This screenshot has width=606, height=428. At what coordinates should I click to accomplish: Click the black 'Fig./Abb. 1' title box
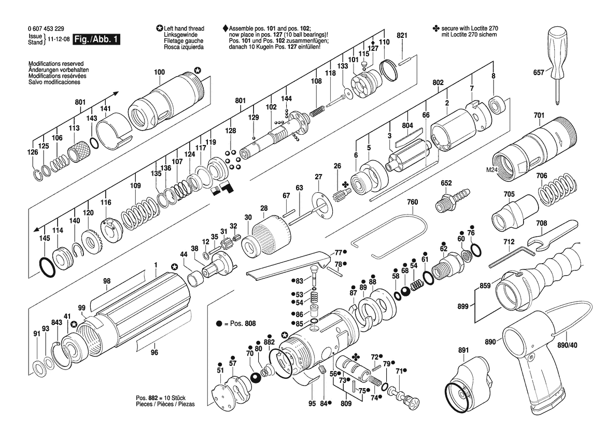[x=96, y=39]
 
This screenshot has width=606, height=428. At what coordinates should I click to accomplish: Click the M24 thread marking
[x=491, y=170]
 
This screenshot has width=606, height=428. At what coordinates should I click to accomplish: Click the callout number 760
[x=412, y=202]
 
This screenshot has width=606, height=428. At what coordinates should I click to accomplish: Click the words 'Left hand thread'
[x=184, y=28]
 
